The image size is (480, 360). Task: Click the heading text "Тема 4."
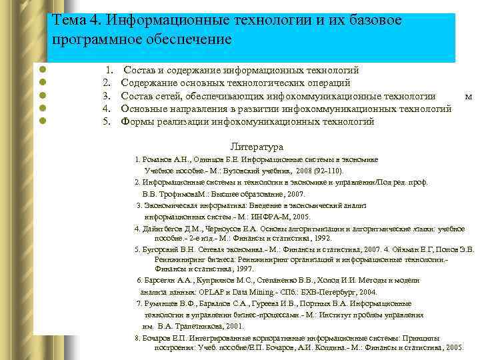[73, 21]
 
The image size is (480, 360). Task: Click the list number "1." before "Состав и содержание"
[109, 70]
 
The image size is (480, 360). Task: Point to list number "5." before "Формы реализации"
[105, 121]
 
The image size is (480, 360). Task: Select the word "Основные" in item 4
[143, 109]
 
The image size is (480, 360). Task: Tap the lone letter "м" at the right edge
[469, 96]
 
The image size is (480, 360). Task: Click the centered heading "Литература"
[257, 147]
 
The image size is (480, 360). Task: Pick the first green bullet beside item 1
[42, 70]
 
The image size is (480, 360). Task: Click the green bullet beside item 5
[42, 121]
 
